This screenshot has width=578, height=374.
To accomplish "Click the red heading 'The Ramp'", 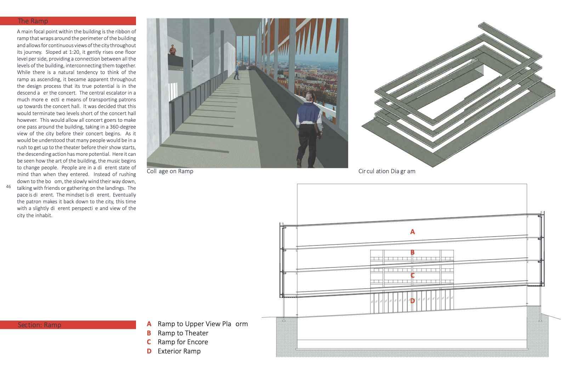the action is pos(33,21).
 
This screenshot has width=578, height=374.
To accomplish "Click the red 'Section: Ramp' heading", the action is pos(39,325).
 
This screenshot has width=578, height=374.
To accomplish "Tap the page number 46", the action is pos(8,187).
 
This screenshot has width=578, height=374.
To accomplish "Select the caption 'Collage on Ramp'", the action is pos(170,171).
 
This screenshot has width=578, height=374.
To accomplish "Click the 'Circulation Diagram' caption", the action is pos(387,171).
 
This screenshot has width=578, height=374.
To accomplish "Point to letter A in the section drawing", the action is pos(412,232).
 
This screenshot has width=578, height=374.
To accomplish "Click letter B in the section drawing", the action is pos(412,253).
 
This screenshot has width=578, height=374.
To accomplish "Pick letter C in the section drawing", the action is pos(412,276).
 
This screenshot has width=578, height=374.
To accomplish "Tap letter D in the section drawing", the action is pos(412,301).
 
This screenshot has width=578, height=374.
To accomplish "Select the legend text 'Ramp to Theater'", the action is pos(183,333).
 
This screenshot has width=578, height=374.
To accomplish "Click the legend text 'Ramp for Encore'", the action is pos(183,342).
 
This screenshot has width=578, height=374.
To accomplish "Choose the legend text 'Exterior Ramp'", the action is pos(179,351).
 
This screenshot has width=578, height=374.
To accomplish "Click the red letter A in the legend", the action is pos(149,324).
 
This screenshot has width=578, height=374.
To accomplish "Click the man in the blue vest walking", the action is pos(309,131).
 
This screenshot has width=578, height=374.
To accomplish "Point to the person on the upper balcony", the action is pos(172,50).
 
